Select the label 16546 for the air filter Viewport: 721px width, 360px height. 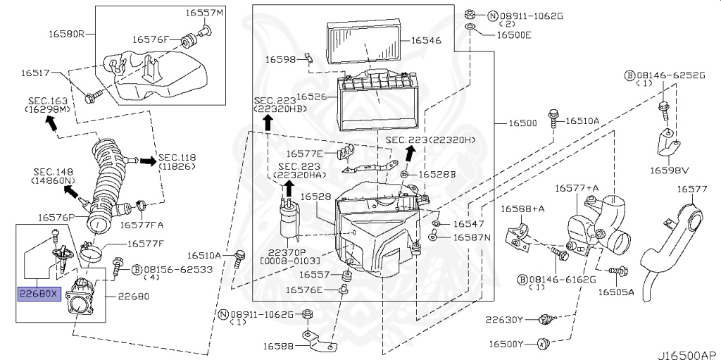(426, 40)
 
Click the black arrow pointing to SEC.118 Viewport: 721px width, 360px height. (147, 161)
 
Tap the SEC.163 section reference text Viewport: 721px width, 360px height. (48, 101)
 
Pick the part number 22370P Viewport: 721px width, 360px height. (287, 252)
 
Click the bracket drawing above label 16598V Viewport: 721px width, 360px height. (667, 146)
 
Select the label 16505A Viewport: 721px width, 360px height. (616, 292)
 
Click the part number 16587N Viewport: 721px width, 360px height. (472, 237)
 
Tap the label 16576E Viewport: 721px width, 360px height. (305, 289)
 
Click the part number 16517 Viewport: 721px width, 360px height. (35, 73)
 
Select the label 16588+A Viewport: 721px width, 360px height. (523, 209)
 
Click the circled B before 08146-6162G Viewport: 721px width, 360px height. (522, 279)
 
